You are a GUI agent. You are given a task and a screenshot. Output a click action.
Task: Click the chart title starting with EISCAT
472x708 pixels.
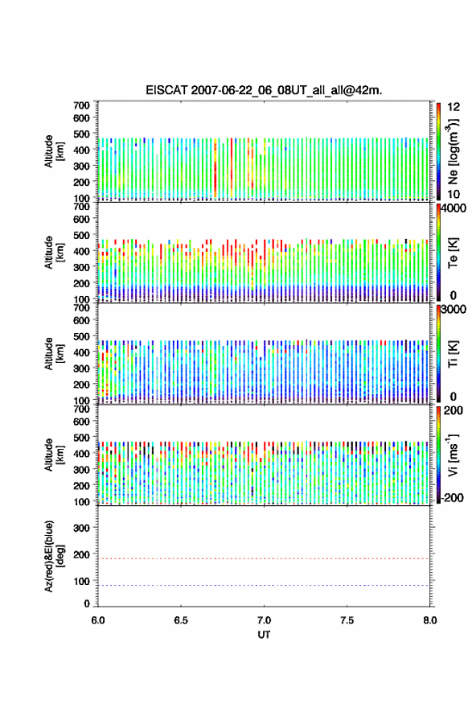click(264, 90)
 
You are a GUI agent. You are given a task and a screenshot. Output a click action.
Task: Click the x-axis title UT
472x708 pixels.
click(264, 635)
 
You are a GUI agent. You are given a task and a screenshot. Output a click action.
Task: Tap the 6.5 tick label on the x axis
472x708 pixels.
click(181, 620)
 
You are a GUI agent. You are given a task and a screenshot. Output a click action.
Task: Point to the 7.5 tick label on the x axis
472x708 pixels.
click(347, 620)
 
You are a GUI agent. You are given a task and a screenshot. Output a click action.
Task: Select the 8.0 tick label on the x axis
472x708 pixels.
click(430, 620)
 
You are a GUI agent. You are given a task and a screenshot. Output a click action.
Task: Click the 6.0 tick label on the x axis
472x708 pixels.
click(98, 620)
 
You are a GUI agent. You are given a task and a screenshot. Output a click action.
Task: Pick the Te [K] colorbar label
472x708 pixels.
click(453, 252)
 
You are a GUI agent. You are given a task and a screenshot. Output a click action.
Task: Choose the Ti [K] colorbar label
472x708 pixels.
click(453, 353)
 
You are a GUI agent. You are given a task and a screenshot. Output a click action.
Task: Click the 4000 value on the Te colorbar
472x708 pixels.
click(453, 208)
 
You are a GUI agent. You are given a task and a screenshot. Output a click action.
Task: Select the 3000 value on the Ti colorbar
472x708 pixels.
click(453, 309)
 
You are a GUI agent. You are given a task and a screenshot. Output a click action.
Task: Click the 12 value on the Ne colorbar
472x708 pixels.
click(454, 107)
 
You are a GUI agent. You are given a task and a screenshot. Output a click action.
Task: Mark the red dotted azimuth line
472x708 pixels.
click(264, 558)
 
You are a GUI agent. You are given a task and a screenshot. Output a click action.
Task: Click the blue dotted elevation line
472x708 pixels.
click(264, 585)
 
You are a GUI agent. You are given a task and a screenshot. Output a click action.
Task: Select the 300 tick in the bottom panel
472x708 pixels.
click(82, 528)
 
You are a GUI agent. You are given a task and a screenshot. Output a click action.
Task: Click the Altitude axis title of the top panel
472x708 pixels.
click(54, 151)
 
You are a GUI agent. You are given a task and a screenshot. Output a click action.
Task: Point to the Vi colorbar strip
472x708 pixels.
click(438, 455)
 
